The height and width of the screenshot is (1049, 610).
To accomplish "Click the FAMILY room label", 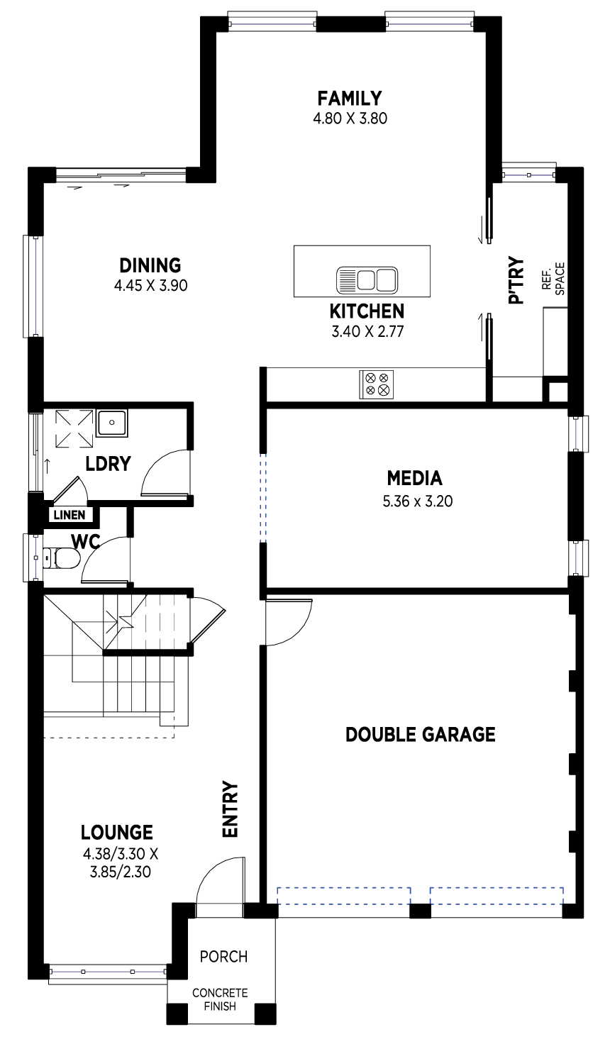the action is coord(350,99).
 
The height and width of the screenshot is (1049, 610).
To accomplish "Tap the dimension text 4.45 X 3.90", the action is coord(151,285).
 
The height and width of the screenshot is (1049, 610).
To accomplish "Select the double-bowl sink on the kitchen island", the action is coord(367,280).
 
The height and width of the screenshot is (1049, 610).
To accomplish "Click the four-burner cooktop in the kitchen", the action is coord(377,384).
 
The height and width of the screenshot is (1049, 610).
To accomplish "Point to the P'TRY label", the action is coord(516,280).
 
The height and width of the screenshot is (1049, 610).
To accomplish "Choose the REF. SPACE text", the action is coord(553,279).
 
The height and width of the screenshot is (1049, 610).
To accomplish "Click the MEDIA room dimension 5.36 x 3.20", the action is coord(418,501).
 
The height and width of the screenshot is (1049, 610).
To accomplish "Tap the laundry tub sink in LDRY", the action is coord(112,423).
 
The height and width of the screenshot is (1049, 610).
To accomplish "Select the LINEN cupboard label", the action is coord(70,515).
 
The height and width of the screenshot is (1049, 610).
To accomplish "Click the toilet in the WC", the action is coord(61,557).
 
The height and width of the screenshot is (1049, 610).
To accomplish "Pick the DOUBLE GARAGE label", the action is coord(421,734).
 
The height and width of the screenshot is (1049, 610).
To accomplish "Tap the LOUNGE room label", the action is coord(117,832).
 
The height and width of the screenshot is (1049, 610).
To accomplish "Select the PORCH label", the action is coord(223,956).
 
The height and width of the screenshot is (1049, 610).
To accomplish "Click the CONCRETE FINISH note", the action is coord(220,999).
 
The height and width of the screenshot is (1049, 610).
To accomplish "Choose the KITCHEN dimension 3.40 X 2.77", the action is coord(367,331).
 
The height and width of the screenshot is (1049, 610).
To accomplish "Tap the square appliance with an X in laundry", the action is coord(74,429).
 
